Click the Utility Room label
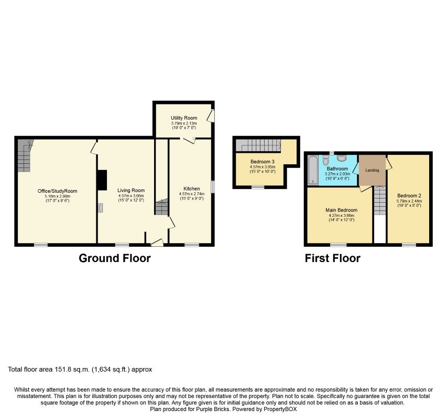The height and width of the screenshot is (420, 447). coord(184,118)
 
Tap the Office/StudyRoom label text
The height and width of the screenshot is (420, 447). coord(57,191)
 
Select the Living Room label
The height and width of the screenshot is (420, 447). coord(131,191)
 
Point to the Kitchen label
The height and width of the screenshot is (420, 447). coord(192,188)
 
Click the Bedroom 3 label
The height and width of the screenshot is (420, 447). coord(263,162)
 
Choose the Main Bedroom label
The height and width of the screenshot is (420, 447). coord(341,210)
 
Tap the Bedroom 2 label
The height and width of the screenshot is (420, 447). coord(409,196)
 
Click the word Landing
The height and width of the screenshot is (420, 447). coord(372,170)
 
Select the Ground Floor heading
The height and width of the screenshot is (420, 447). coord(115,258)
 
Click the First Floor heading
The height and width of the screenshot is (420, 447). coord(333,258)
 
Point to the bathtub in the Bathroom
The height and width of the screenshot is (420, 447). coord(313,170)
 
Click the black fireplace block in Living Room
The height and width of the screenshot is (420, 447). coord(102,180)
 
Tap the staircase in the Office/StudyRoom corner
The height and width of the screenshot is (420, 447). coord(25,155)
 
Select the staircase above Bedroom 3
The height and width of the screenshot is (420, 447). coord(258,145)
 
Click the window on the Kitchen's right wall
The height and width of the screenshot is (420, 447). coord(213,187)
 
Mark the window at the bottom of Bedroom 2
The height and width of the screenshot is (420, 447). coord(409,245)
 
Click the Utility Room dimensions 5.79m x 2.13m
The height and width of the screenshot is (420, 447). coord(184,123)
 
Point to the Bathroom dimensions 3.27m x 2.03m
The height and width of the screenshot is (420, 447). coord(337,174)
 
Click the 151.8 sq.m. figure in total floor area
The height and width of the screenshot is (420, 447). coord(72,370)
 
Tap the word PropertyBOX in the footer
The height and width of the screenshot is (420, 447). coord(280,409)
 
